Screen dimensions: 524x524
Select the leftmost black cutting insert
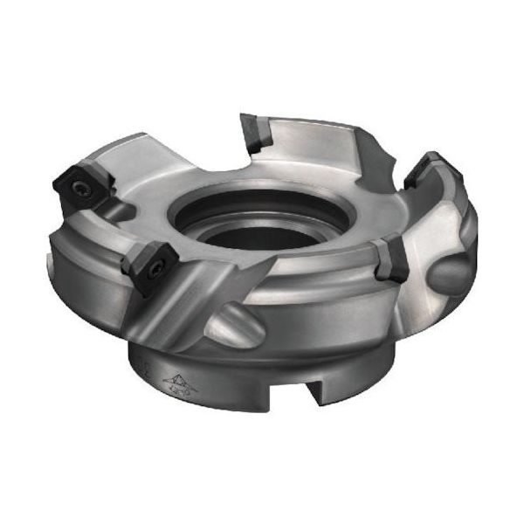78,183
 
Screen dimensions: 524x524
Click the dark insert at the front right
390,259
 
